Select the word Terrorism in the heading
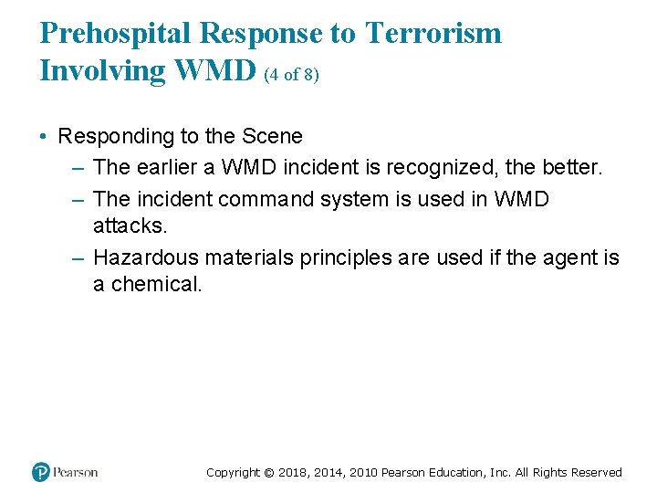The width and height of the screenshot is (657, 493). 433,34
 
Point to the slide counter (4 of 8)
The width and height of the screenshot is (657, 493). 291,75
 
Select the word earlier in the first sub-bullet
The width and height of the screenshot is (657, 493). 166,167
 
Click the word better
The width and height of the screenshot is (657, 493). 572,167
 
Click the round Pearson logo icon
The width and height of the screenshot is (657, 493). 41,472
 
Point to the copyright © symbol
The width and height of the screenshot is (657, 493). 268,473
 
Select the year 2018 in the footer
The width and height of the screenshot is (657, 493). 292,473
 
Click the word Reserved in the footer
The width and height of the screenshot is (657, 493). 596,473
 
